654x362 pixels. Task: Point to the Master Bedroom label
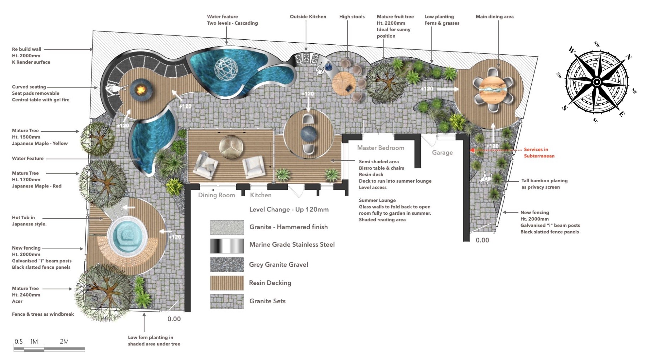pos(381,148)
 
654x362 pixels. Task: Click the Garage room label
pos(442,153)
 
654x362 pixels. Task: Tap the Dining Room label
pos(216,195)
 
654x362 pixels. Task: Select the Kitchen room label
pos(261,195)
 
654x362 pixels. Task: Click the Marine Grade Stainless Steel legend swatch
pos(227,246)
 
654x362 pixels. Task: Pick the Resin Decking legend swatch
pos(227,283)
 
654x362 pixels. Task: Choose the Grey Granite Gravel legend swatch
pos(227,265)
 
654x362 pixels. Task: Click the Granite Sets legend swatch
pos(227,301)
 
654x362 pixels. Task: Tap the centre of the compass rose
pos(596,82)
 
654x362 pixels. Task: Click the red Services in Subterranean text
pos(539,153)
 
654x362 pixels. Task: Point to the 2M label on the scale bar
pos(64,341)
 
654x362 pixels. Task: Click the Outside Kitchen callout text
pos(308,17)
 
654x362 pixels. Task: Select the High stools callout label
pos(352,17)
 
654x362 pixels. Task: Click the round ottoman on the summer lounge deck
pos(231,147)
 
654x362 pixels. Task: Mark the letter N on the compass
pos(629,57)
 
